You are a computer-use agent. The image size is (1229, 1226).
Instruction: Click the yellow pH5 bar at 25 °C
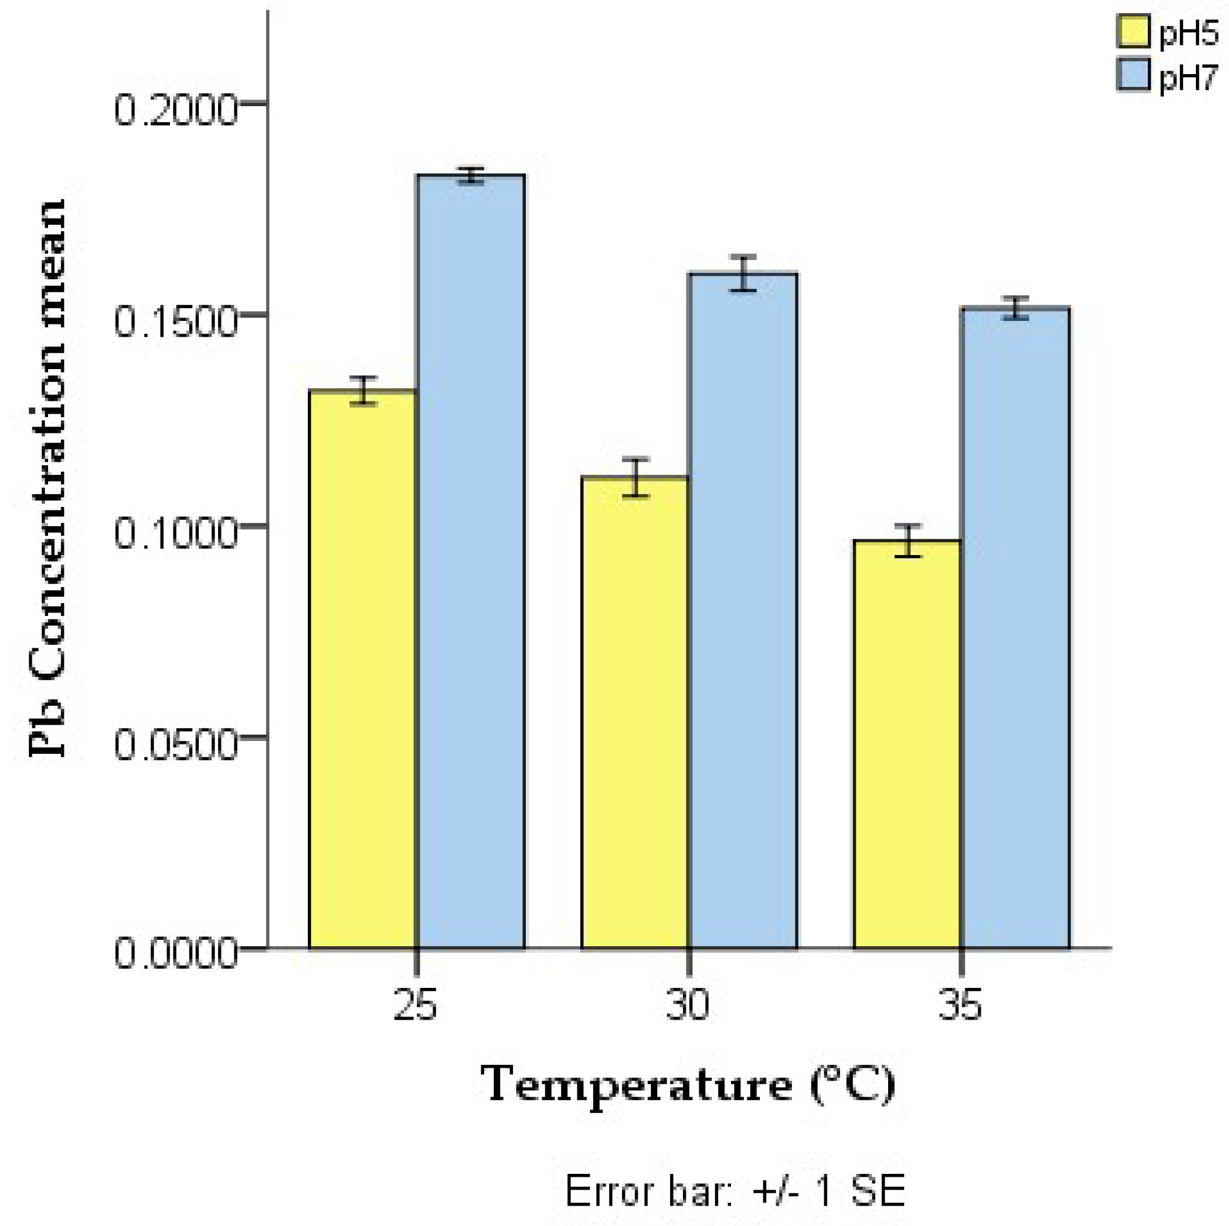[362, 667]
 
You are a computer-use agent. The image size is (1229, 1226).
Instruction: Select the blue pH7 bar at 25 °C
[471, 560]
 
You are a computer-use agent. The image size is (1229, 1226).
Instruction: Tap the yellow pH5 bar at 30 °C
[635, 712]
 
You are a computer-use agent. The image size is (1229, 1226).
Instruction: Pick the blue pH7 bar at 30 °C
[743, 611]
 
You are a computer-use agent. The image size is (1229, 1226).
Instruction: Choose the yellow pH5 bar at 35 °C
[907, 744]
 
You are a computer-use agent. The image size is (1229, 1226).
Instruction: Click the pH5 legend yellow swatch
[1133, 32]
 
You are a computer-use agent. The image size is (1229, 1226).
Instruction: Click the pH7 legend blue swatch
[1133, 75]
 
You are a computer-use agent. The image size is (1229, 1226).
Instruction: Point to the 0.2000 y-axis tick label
[176, 110]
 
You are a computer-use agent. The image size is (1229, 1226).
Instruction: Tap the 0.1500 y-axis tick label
[176, 321]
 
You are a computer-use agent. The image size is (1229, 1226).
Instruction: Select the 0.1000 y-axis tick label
[176, 533]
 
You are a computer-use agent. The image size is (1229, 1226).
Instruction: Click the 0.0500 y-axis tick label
[176, 744]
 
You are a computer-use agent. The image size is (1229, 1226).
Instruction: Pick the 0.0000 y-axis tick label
[176, 954]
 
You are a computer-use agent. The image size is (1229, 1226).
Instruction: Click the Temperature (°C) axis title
[688, 1085]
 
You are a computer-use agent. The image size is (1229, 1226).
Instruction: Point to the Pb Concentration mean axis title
[48, 477]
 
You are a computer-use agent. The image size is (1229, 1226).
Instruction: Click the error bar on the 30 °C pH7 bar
[743, 273]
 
